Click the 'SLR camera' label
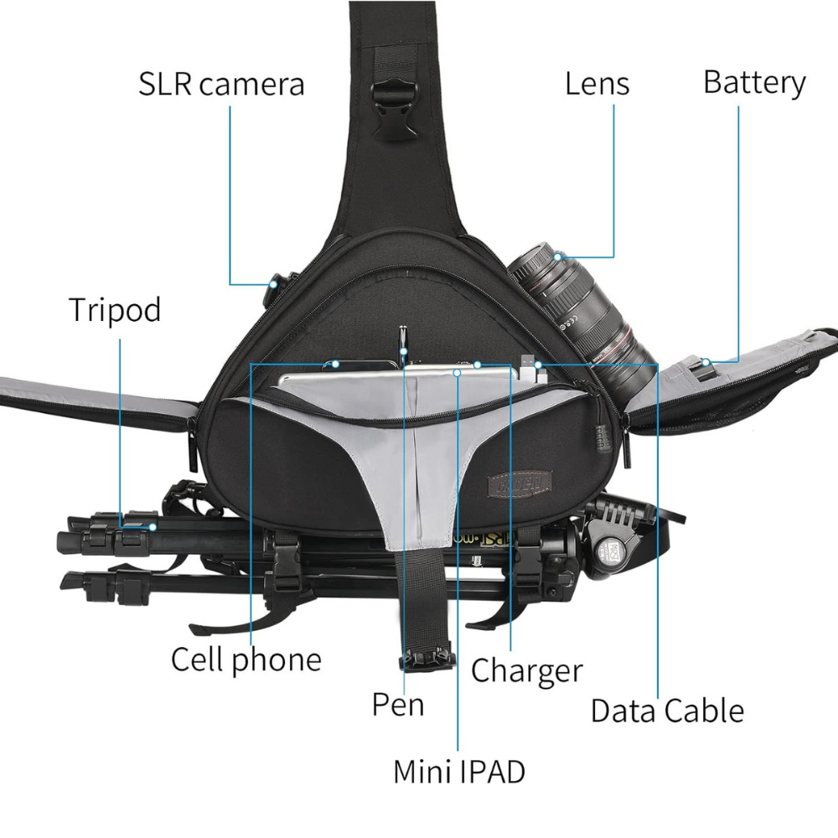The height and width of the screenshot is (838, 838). tap(221, 84)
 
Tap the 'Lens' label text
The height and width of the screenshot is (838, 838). tap(597, 83)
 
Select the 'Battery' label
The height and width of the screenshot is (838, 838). tap(754, 82)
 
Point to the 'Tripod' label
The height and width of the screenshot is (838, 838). tap(114, 309)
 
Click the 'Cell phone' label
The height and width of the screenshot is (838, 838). tap(246, 660)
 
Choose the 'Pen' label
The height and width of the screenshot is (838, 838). tap(398, 704)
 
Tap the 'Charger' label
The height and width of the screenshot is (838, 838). tap(526, 670)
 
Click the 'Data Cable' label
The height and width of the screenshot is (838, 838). tap(667, 711)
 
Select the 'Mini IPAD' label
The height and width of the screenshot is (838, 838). tap(459, 771)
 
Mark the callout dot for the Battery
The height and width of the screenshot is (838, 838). tap(706, 362)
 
